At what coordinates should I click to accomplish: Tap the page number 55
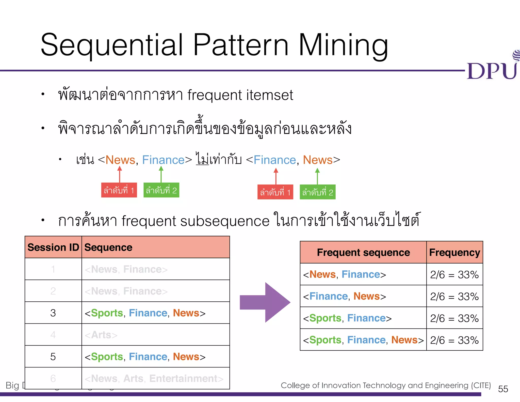(503, 389)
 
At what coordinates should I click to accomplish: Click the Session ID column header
(53, 247)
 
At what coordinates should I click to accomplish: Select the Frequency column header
(454, 252)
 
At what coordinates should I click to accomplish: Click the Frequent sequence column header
(363, 252)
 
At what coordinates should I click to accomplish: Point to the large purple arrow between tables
(265, 302)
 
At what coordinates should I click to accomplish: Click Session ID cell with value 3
(53, 313)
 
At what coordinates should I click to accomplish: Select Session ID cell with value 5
(53, 357)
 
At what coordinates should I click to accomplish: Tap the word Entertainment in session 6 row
(183, 378)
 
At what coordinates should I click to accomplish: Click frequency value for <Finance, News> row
(454, 297)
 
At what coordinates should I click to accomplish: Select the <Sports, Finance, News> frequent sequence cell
(363, 340)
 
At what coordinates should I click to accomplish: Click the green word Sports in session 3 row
(107, 313)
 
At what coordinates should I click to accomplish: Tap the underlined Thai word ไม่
(202, 159)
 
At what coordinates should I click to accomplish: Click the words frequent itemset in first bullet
(240, 95)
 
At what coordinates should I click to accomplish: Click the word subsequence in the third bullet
(225, 221)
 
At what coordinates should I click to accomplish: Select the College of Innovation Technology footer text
(385, 385)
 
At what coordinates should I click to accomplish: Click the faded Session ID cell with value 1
(53, 269)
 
